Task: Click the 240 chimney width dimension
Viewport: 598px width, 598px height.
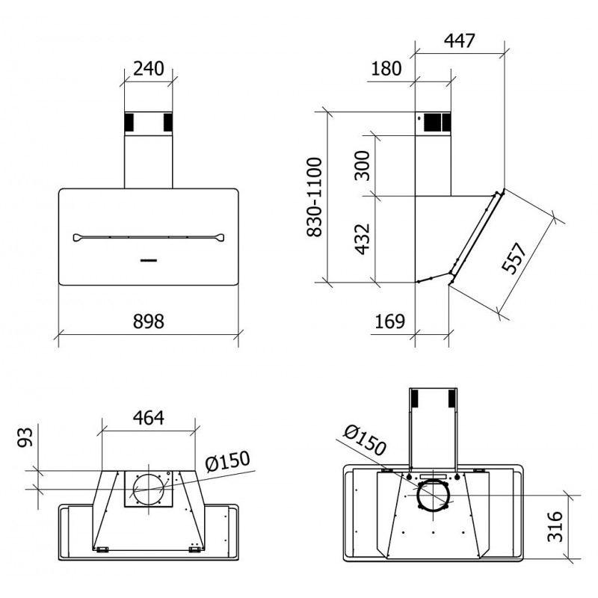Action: (x=149, y=69)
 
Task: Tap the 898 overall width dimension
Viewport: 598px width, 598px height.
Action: (x=148, y=321)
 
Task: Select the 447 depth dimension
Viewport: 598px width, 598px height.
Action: (x=460, y=41)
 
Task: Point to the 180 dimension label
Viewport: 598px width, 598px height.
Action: (x=386, y=69)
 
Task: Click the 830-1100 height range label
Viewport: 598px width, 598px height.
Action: (x=315, y=197)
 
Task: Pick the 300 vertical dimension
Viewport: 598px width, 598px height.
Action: (x=363, y=165)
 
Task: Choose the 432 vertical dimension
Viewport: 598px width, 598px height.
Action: (x=363, y=239)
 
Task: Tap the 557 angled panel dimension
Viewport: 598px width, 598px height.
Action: (x=514, y=258)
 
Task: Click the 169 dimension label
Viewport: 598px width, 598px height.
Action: (x=389, y=321)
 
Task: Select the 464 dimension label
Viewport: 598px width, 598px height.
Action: (x=148, y=418)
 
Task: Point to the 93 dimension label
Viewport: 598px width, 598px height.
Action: (x=26, y=437)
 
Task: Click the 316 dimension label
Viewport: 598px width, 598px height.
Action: (x=555, y=527)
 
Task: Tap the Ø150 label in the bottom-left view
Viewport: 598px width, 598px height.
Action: (x=227, y=461)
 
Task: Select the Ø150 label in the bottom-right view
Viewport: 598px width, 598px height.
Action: (x=365, y=440)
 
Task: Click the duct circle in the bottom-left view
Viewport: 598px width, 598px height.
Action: (x=149, y=490)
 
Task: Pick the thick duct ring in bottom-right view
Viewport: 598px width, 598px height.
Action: (x=432, y=495)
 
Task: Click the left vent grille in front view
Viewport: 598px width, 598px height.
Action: (x=129, y=122)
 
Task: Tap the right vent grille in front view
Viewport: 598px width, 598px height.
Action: (x=168, y=122)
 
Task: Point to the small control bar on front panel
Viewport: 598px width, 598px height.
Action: (x=149, y=260)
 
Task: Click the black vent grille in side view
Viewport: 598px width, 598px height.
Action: (x=437, y=122)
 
